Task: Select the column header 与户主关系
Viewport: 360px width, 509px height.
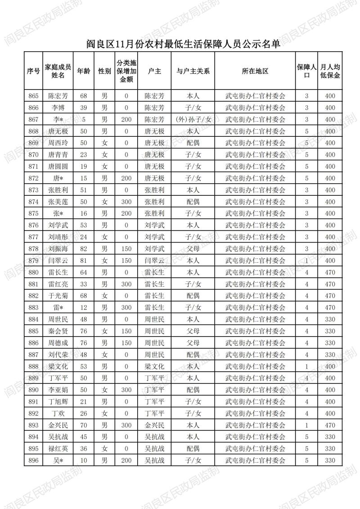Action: (193, 71)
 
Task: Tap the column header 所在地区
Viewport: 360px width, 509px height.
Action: (255, 71)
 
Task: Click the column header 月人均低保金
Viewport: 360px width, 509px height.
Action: (330, 71)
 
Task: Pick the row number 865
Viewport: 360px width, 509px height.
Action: (33, 96)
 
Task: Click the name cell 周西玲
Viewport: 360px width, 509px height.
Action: (58, 143)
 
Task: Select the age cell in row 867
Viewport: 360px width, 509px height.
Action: (83, 119)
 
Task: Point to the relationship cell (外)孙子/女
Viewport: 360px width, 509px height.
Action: (193, 119)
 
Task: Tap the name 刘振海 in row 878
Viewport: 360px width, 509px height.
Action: (58, 248)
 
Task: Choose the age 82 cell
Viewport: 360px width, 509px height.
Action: (83, 248)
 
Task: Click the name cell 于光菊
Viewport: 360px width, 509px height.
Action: (58, 296)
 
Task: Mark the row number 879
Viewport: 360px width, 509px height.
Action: (33, 261)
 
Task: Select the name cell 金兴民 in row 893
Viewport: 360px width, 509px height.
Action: (58, 425)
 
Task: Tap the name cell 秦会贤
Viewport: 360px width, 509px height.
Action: (58, 331)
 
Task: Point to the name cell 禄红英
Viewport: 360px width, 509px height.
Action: (58, 449)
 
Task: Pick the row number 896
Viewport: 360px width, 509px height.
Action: (33, 460)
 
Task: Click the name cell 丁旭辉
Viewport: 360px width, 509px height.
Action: (58, 401)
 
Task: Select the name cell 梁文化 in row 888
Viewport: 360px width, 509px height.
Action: (58, 366)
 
